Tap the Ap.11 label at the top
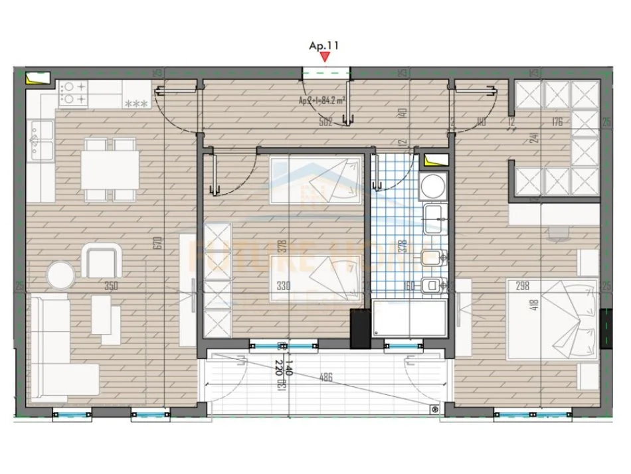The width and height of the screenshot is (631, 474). pos(324,46)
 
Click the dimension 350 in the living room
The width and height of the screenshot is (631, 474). pos(111,287)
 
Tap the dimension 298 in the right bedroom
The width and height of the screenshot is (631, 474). pos(523,286)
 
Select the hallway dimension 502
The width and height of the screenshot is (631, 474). pos(325,121)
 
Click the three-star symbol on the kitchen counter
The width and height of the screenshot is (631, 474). pos(136,104)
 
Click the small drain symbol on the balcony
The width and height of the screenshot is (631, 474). pos(435,410)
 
